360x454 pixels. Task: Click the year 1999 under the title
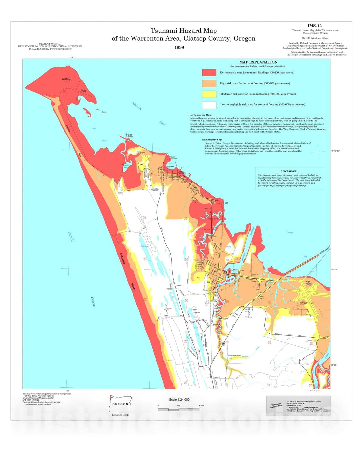(x=179, y=47)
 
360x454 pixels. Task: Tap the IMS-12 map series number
(x=314, y=26)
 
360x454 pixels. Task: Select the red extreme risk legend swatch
(x=209, y=72)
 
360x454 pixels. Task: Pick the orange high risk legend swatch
(x=209, y=83)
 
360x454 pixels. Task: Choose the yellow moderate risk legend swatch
(x=209, y=94)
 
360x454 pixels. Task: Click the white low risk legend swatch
(x=209, y=105)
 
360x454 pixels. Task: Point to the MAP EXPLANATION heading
(x=258, y=62)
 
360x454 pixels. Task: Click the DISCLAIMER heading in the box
(x=288, y=171)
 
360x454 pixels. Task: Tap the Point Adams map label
(x=129, y=136)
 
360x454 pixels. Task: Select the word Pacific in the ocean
(x=71, y=237)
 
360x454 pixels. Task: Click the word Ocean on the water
(x=93, y=302)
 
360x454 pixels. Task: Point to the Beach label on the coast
(x=133, y=287)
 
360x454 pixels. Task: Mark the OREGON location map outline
(x=120, y=404)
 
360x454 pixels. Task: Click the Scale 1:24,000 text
(x=179, y=399)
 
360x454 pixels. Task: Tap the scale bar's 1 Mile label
(x=201, y=406)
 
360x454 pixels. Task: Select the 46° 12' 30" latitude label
(x=335, y=151)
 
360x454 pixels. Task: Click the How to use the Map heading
(x=200, y=115)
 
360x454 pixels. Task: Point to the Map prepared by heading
(x=212, y=140)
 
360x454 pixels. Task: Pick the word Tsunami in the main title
(x=163, y=31)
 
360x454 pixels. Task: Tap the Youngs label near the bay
(x=289, y=232)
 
